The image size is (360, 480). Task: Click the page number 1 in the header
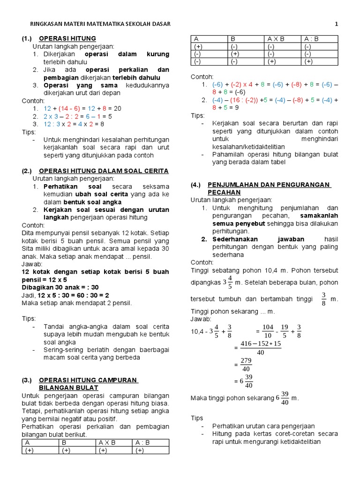point(336,24)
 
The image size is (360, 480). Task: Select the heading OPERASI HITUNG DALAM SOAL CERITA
point(104,171)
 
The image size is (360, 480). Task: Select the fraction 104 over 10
point(268,331)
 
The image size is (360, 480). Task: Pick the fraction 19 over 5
point(284,331)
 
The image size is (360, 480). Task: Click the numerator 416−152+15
point(261,344)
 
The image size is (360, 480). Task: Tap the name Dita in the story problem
point(29,232)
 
